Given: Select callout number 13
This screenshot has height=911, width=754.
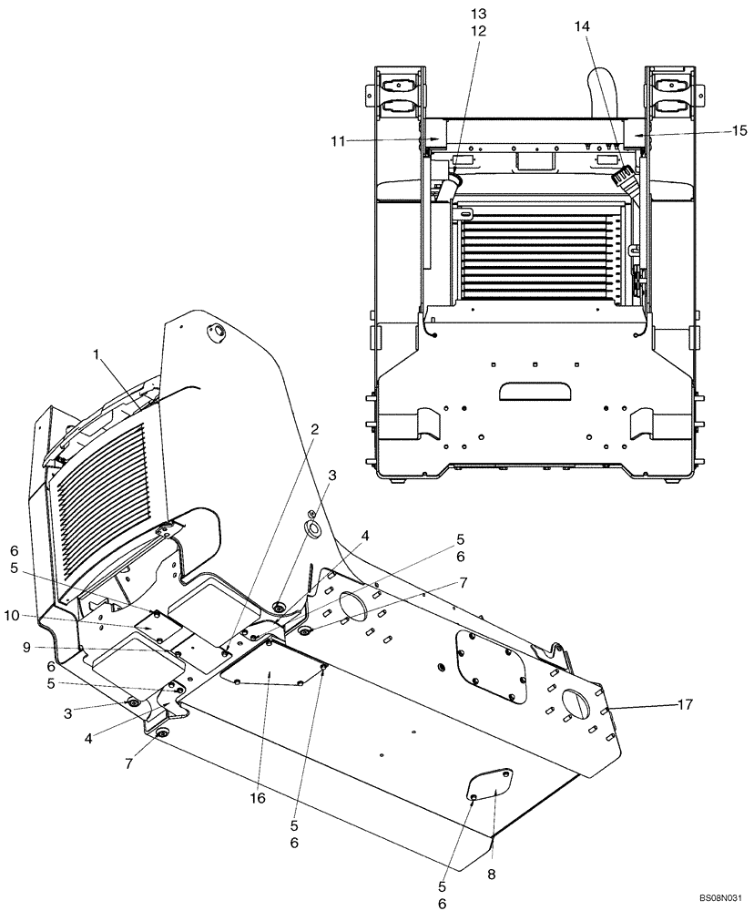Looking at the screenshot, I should (x=478, y=14).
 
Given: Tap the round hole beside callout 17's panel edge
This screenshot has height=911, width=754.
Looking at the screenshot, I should (x=577, y=705).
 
